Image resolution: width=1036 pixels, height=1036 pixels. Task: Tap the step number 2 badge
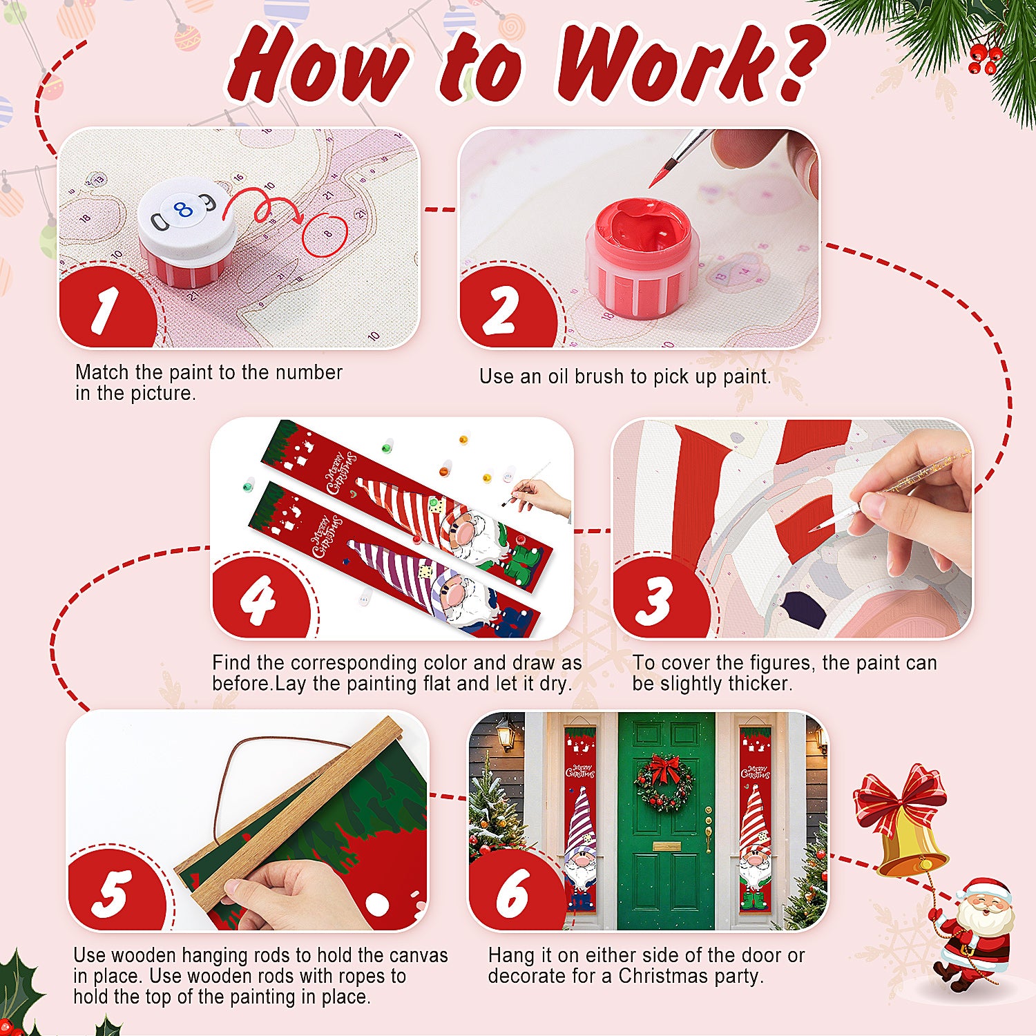(x=502, y=310)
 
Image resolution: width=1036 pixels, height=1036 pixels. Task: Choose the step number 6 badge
(x=512, y=892)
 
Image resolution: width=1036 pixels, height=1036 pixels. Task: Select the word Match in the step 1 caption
(x=102, y=372)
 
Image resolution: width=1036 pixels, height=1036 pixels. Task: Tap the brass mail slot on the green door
(x=666, y=846)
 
